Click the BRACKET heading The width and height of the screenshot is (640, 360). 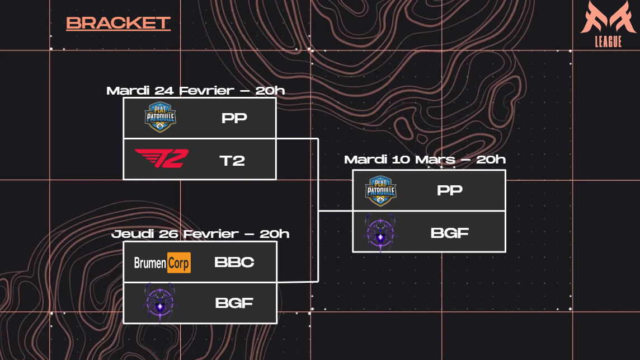click(x=118, y=23)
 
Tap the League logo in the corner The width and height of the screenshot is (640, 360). click(x=608, y=24)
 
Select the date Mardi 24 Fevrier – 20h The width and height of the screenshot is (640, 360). click(x=196, y=91)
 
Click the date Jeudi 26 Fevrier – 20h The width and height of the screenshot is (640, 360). click(x=200, y=234)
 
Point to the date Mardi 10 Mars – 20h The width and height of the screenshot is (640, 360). click(x=425, y=160)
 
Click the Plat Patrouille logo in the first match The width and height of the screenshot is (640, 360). click(x=161, y=117)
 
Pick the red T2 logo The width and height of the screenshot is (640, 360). click(x=161, y=159)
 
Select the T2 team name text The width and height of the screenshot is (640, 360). click(x=232, y=161)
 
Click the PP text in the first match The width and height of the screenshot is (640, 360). click(x=234, y=119)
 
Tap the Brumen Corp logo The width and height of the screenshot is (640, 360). click(x=162, y=262)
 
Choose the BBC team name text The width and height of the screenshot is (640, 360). click(x=234, y=262)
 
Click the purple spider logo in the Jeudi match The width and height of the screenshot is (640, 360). click(x=160, y=303)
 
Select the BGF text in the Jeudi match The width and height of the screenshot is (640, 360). click(x=234, y=303)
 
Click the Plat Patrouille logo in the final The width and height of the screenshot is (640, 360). click(x=380, y=190)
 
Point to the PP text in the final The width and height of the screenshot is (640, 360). click(x=449, y=190)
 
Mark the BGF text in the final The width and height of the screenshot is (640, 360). click(x=449, y=233)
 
